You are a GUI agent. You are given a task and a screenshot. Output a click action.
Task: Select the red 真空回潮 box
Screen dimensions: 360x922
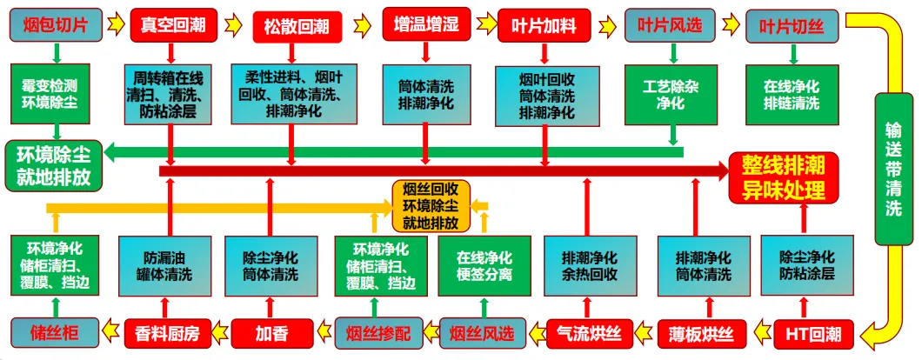(171, 23)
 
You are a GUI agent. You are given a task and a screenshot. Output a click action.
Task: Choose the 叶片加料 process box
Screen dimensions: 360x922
(544, 24)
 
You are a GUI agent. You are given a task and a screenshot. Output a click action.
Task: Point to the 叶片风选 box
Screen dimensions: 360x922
(670, 24)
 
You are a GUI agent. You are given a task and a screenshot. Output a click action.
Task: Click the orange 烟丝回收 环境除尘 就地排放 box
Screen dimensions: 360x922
(431, 206)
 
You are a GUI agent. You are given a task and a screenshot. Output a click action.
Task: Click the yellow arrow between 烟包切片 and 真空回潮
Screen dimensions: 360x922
(116, 23)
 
